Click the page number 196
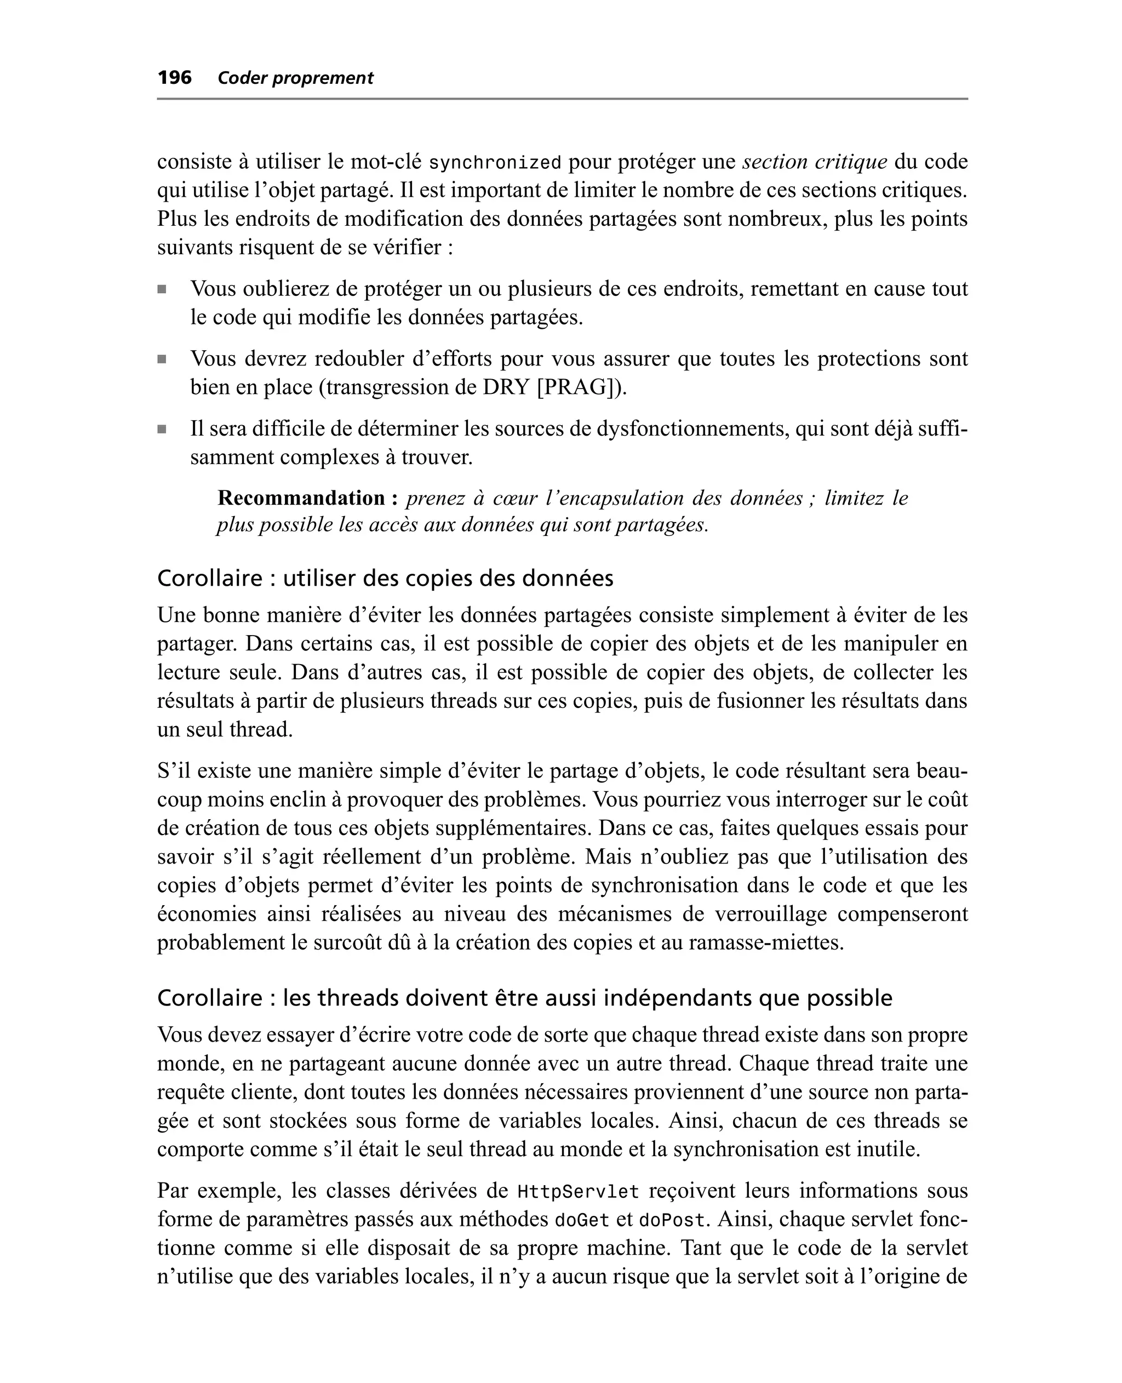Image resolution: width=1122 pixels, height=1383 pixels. click(x=175, y=78)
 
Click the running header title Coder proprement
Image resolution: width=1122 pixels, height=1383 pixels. click(x=295, y=78)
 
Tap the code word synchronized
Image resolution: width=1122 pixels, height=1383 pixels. click(x=495, y=162)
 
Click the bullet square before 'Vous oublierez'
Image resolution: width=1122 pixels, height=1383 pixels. click(x=162, y=289)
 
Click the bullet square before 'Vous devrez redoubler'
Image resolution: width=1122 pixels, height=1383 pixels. click(x=162, y=359)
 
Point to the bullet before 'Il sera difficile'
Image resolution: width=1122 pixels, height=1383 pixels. click(x=162, y=429)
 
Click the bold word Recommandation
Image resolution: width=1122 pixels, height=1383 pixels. click(x=302, y=498)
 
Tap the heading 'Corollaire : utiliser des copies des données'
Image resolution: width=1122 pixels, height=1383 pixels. click(x=385, y=578)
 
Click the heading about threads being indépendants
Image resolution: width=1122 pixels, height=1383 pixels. click(x=524, y=998)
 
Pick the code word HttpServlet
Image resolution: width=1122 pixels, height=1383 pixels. click(x=579, y=1191)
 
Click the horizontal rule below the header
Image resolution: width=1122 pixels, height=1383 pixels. click(x=562, y=99)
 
